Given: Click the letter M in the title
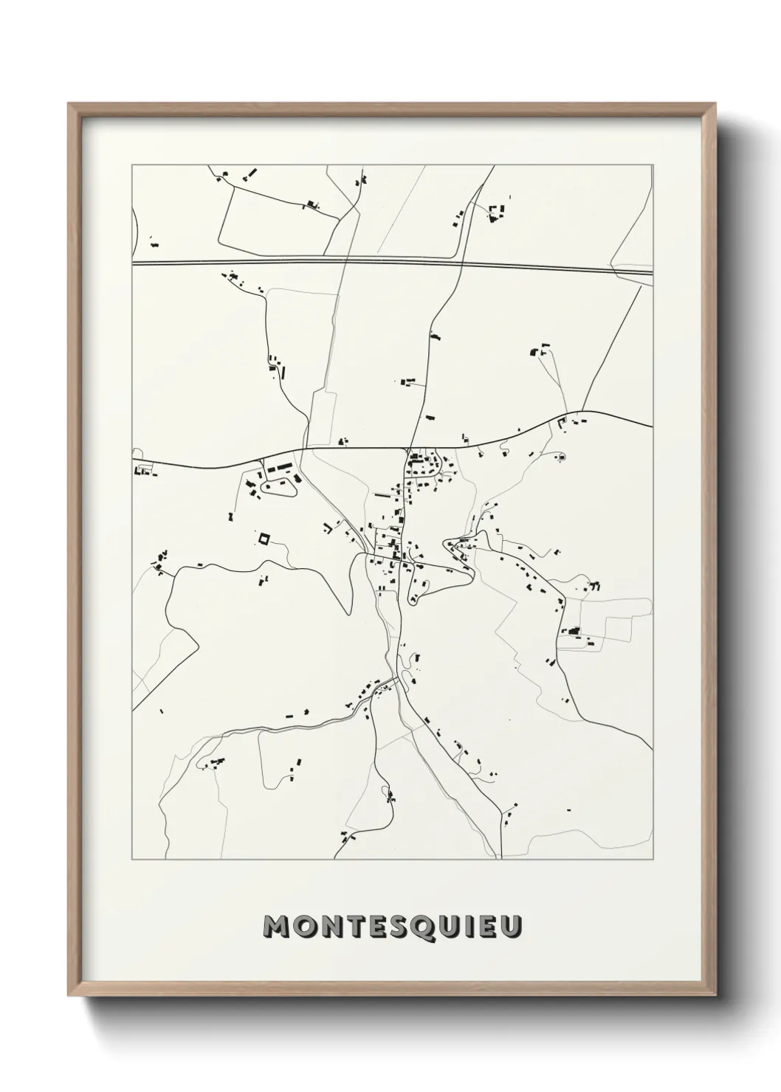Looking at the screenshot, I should pyautogui.click(x=277, y=927).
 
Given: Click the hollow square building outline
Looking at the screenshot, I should pyautogui.click(x=264, y=539).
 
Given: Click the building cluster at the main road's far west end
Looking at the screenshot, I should pyautogui.click(x=144, y=470).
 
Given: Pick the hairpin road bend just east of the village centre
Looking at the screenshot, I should pyautogui.click(x=447, y=547).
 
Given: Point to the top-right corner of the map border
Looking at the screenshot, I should pyautogui.click(x=653, y=165).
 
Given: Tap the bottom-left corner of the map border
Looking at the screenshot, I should pyautogui.click(x=132, y=860).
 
